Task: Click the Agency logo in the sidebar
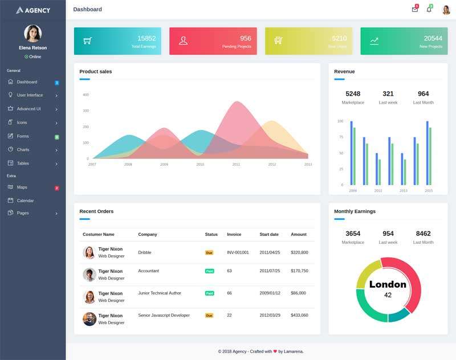[x=33, y=10]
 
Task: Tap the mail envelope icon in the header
[x=414, y=10]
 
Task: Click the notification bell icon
[x=429, y=10]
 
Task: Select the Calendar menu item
[x=25, y=201]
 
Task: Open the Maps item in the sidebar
[x=22, y=187]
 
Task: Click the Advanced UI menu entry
[x=28, y=109]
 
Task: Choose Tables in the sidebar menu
[x=23, y=163]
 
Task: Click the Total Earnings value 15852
[x=146, y=39]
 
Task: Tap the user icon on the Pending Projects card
[x=183, y=40]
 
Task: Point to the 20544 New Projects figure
[x=433, y=39]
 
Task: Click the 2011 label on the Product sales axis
[x=236, y=164]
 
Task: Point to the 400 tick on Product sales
[x=85, y=95]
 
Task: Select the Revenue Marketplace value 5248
[x=353, y=94]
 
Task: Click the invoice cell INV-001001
[x=238, y=252]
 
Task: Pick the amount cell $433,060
[x=299, y=315]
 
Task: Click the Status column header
[x=211, y=234]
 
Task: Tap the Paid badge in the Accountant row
[x=209, y=271]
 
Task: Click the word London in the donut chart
[x=388, y=284]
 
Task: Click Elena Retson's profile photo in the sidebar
[x=32, y=33]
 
